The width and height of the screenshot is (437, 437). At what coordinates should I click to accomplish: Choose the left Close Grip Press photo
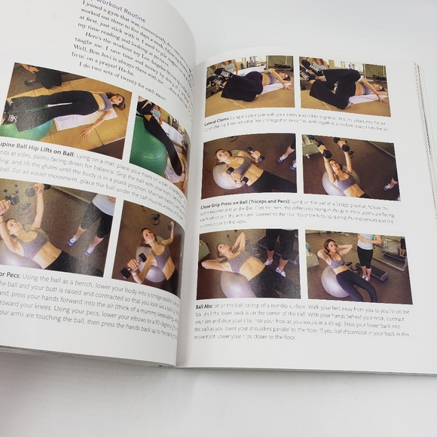pos(249,167)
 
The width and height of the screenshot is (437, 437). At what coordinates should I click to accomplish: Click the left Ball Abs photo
pos(248,264)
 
